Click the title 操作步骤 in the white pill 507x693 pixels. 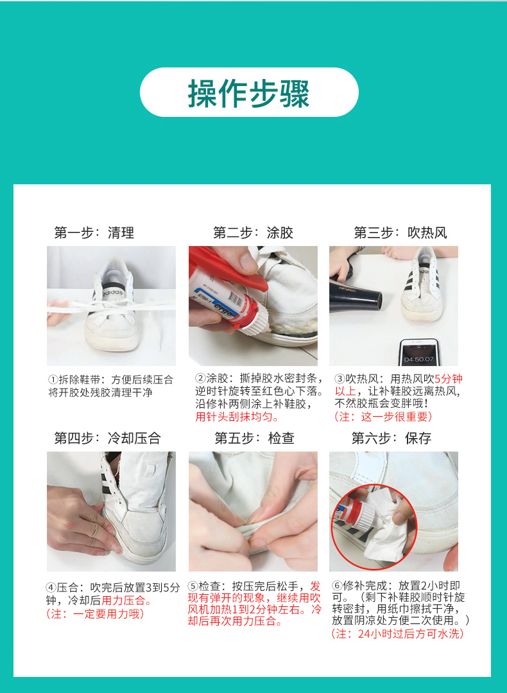[x=248, y=93]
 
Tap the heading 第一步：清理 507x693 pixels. [x=94, y=232]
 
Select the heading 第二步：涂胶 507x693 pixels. [x=253, y=232]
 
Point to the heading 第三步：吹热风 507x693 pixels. [x=400, y=232]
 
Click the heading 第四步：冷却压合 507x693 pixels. [x=107, y=438]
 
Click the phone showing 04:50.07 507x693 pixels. [x=418, y=352]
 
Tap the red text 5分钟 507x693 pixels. [x=448, y=379]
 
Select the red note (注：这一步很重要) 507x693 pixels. [x=383, y=417]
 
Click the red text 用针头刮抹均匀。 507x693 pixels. [x=237, y=417]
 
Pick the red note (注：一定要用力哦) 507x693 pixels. [x=95, y=613]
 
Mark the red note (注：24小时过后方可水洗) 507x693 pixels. [x=397, y=634]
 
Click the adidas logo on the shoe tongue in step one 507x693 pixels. [x=112, y=292]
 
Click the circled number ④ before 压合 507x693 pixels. [x=51, y=588]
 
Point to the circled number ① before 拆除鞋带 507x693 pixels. [x=53, y=380]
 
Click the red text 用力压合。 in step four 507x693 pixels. [x=127, y=601]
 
